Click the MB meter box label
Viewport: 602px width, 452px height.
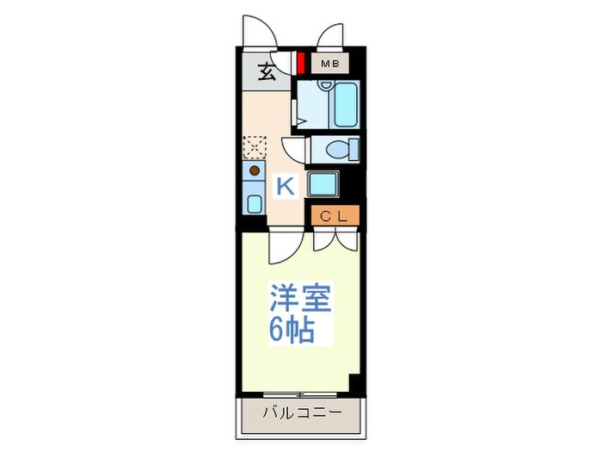click(x=329, y=64)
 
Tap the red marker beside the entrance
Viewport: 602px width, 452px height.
click(x=301, y=64)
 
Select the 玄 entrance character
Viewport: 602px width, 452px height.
click(x=267, y=71)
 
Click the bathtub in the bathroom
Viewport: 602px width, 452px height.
click(x=346, y=104)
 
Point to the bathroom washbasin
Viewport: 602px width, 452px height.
click(x=326, y=85)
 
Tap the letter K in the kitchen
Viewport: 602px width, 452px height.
click(x=286, y=186)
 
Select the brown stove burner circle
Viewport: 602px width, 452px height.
click(x=255, y=170)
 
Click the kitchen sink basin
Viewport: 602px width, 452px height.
click(x=255, y=204)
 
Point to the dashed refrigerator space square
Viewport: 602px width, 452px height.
click(x=255, y=147)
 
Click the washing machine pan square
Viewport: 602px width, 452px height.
click(x=322, y=183)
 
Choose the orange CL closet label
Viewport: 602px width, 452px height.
click(x=335, y=215)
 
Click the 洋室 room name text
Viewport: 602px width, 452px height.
click(x=301, y=297)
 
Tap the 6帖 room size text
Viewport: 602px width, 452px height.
click(x=292, y=330)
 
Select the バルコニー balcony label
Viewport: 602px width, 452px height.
click(x=302, y=412)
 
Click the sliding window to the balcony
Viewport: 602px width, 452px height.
click(x=300, y=394)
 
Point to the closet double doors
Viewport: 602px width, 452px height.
click(x=335, y=238)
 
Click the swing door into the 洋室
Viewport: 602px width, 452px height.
click(x=286, y=245)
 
